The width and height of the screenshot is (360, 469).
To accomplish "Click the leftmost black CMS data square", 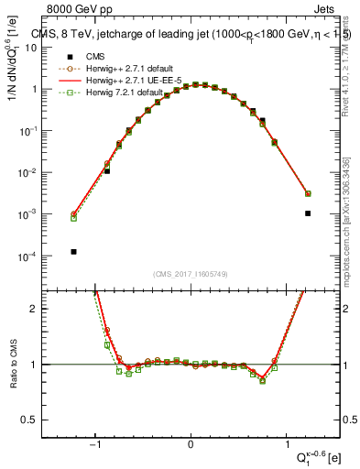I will pos(73,251).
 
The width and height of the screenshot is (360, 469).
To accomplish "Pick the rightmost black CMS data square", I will pos(308,213).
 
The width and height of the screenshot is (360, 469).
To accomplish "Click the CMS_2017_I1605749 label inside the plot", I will pos(191,274).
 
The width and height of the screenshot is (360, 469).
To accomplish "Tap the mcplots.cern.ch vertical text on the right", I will pos(346,220).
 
